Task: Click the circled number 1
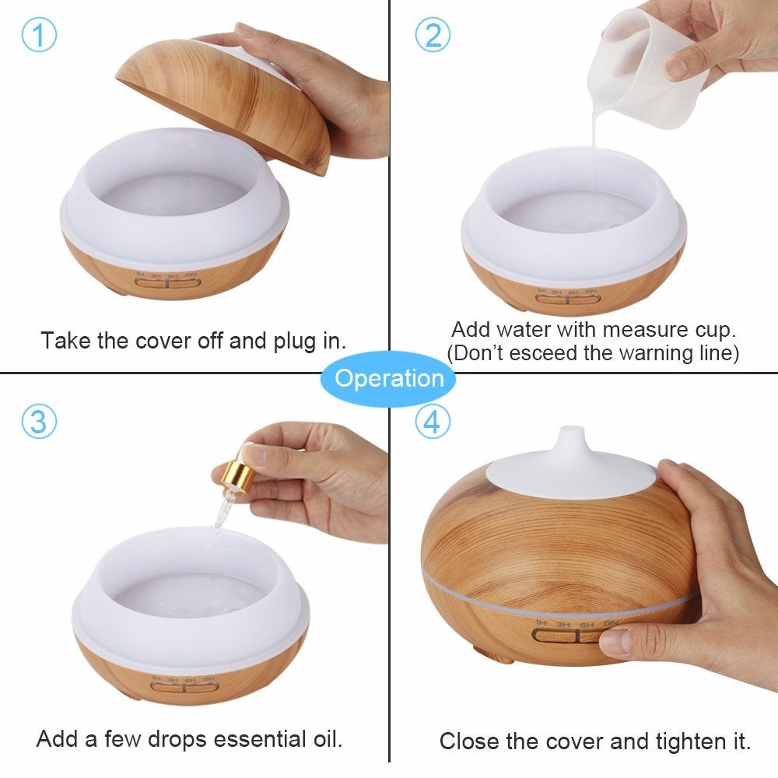pyautogui.click(x=39, y=35)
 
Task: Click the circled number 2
pyautogui.click(x=433, y=35)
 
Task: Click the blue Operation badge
pyautogui.click(x=389, y=379)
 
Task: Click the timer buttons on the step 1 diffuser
pyautogui.click(x=168, y=283)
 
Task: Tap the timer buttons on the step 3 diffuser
pyautogui.click(x=184, y=687)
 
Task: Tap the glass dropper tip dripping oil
pyautogui.click(x=220, y=516)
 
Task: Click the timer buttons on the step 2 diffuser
pyautogui.click(x=568, y=298)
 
